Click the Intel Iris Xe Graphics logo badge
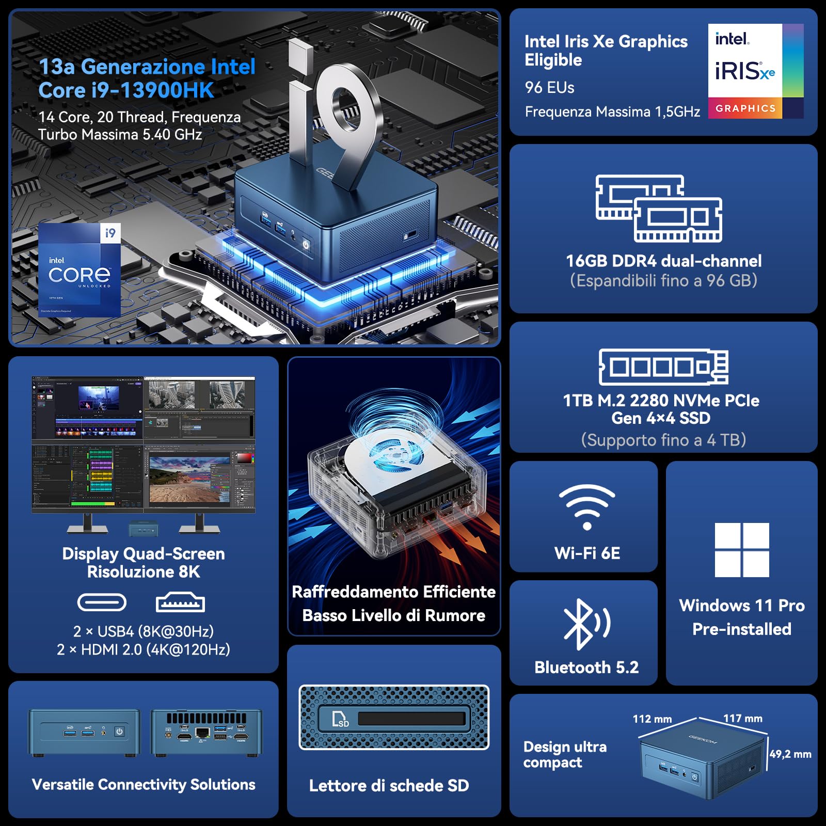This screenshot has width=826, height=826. coord(755,71)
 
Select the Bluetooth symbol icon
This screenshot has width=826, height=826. coord(586,624)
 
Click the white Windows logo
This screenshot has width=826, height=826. coord(742,550)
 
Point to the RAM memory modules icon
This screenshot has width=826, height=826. coord(659,209)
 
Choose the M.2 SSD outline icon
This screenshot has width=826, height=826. coord(663,367)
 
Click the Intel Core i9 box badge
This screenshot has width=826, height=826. coord(80,269)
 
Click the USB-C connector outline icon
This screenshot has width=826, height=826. coord(102,602)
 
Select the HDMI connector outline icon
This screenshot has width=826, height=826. coord(180,602)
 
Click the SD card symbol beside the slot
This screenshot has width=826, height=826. coord(340,719)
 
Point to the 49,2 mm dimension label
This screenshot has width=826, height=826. coord(790,754)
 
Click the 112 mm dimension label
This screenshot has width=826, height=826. coord(652,719)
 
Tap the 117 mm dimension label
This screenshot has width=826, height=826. coord(742,718)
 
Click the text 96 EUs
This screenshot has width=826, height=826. coord(549,88)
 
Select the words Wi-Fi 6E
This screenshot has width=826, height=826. coord(587,553)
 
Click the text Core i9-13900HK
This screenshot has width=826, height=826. coord(126,91)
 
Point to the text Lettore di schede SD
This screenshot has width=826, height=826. coord(389,786)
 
